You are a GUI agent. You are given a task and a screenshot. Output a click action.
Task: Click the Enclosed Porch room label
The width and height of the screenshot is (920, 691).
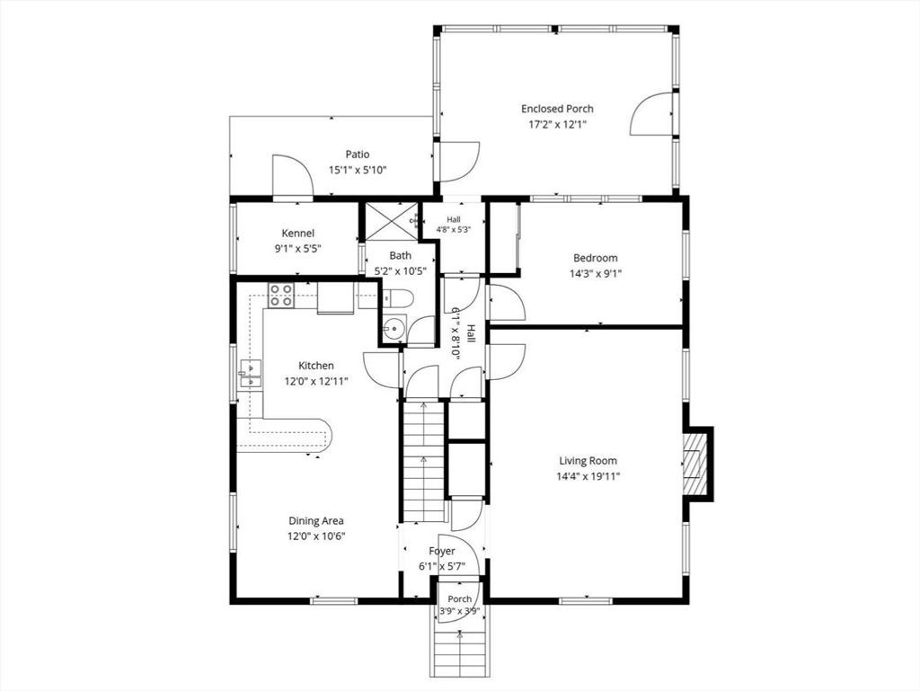click(557, 109)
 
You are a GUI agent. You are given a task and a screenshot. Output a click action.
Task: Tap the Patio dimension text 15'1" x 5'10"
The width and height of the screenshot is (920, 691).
click(358, 170)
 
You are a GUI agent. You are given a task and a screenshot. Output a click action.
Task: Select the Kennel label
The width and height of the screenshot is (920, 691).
click(298, 234)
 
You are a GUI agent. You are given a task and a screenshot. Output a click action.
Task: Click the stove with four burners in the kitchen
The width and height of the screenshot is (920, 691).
click(281, 295)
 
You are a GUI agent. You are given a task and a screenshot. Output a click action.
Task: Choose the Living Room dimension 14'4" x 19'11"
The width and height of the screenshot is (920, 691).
click(588, 476)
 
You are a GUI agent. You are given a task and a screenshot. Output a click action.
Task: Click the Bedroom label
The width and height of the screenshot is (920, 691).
click(595, 258)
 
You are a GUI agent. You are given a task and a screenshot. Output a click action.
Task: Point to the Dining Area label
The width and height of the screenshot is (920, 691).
click(316, 520)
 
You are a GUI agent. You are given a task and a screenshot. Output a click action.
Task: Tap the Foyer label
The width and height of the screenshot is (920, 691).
click(442, 552)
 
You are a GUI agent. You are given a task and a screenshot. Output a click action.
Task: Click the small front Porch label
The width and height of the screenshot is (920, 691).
click(459, 599)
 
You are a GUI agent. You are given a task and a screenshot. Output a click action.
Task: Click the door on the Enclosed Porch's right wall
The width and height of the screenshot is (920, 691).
click(651, 114)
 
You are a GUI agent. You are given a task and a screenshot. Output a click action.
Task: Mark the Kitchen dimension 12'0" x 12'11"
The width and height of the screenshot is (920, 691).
click(316, 381)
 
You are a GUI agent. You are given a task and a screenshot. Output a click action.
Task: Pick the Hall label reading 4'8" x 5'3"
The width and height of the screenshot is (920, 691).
click(454, 226)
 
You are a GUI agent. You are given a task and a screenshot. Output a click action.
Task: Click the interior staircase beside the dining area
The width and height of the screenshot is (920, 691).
click(422, 460)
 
